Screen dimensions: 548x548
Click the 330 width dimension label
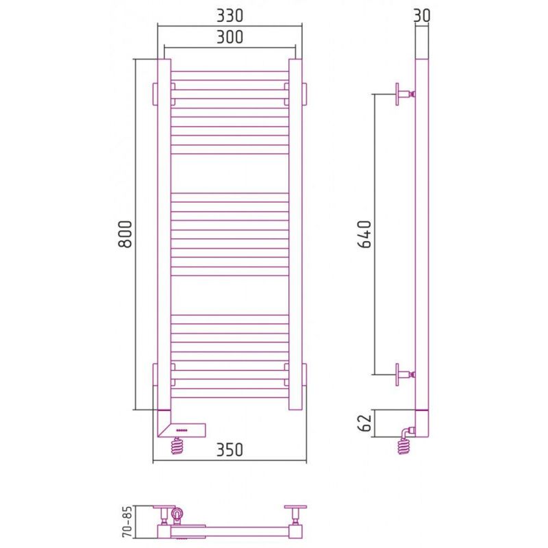[229, 16]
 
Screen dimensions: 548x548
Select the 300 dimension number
[229, 37]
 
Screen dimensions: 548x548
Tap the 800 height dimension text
[125, 234]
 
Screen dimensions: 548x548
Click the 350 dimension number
[229, 449]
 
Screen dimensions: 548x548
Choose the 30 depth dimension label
[422, 16]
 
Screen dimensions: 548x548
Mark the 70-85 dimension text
[128, 521]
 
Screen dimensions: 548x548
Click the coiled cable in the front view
[177, 446]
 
